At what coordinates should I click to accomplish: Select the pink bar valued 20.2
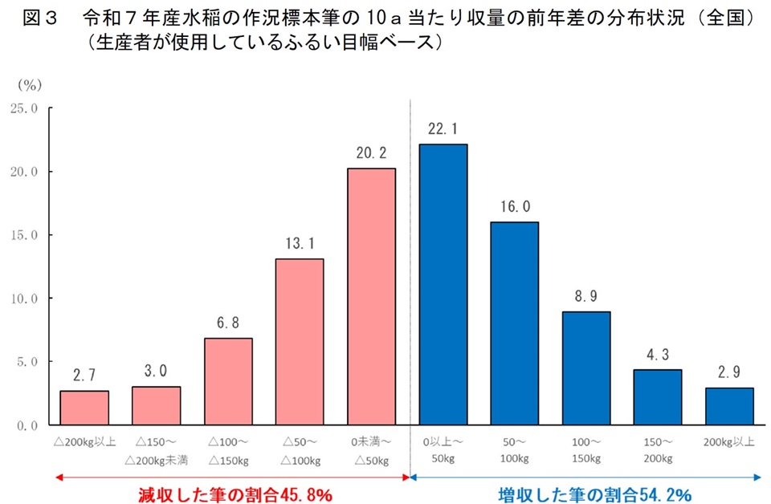[371, 296]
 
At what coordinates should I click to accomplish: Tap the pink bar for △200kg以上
[84, 408]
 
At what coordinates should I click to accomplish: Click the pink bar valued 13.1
[300, 341]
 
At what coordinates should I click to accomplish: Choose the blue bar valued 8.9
[586, 368]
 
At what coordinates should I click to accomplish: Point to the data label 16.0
[514, 207]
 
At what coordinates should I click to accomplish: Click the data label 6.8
[228, 323]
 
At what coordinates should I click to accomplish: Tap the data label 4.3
[658, 355]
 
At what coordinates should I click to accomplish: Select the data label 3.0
[156, 372]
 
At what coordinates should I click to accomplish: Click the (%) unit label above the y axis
[29, 83]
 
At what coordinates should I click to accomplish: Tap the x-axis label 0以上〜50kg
[443, 450]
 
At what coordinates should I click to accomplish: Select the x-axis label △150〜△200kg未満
[156, 450]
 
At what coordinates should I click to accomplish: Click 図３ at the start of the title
[37, 18]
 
